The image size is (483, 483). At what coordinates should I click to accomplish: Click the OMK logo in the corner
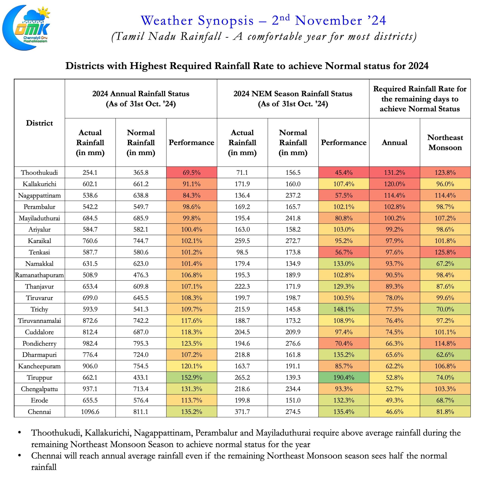point(26,28)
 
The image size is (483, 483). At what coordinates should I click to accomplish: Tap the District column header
point(39,123)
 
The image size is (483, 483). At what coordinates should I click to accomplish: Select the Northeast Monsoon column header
point(445,142)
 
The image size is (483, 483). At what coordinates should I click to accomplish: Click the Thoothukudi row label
point(39,172)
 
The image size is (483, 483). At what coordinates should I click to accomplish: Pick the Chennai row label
point(39,411)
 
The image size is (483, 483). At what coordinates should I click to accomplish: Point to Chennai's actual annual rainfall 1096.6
point(90,411)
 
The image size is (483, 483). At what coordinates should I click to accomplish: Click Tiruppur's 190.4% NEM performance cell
point(344,378)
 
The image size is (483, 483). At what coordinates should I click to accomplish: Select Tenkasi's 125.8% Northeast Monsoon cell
point(445,252)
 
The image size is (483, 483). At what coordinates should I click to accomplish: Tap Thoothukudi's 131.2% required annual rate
point(395,172)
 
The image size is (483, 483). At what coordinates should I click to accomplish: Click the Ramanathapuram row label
point(39,275)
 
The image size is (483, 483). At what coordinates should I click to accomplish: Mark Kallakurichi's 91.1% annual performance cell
point(192,184)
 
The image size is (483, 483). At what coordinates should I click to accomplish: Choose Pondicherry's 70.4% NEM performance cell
point(344,343)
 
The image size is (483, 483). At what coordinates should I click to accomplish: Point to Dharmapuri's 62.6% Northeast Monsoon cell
point(445,355)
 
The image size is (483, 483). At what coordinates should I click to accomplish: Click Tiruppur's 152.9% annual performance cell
point(192,378)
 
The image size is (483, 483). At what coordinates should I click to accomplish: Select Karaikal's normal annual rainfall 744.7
point(141,241)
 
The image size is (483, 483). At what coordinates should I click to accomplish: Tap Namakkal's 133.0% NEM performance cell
point(344,264)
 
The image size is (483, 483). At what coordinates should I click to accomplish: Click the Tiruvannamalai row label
point(39,321)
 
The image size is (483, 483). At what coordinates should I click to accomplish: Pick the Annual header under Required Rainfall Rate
point(395,142)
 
